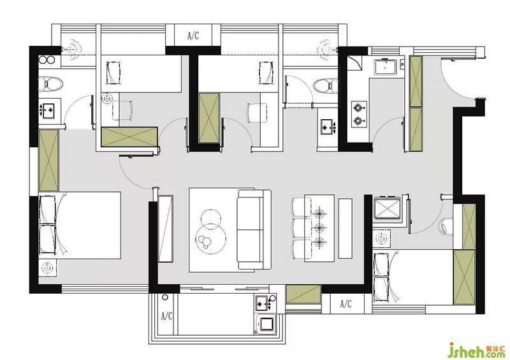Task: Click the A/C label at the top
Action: tap(193, 36)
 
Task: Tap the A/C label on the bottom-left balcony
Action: tap(166, 315)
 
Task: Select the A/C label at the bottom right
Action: tap(346, 304)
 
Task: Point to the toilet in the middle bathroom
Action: tap(326, 86)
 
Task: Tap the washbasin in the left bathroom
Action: tap(50, 110)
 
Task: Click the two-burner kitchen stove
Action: tap(359, 113)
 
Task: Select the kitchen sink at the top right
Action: tap(385, 66)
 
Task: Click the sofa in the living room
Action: tap(254, 229)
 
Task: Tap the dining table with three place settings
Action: tap(319, 228)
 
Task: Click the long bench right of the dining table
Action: tap(345, 229)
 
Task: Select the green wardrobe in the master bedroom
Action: tap(48, 161)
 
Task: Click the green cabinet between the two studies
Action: tap(209, 118)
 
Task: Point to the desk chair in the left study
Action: tap(122, 110)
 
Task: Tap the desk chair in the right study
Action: tap(257, 113)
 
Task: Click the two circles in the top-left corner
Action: tap(47, 60)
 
